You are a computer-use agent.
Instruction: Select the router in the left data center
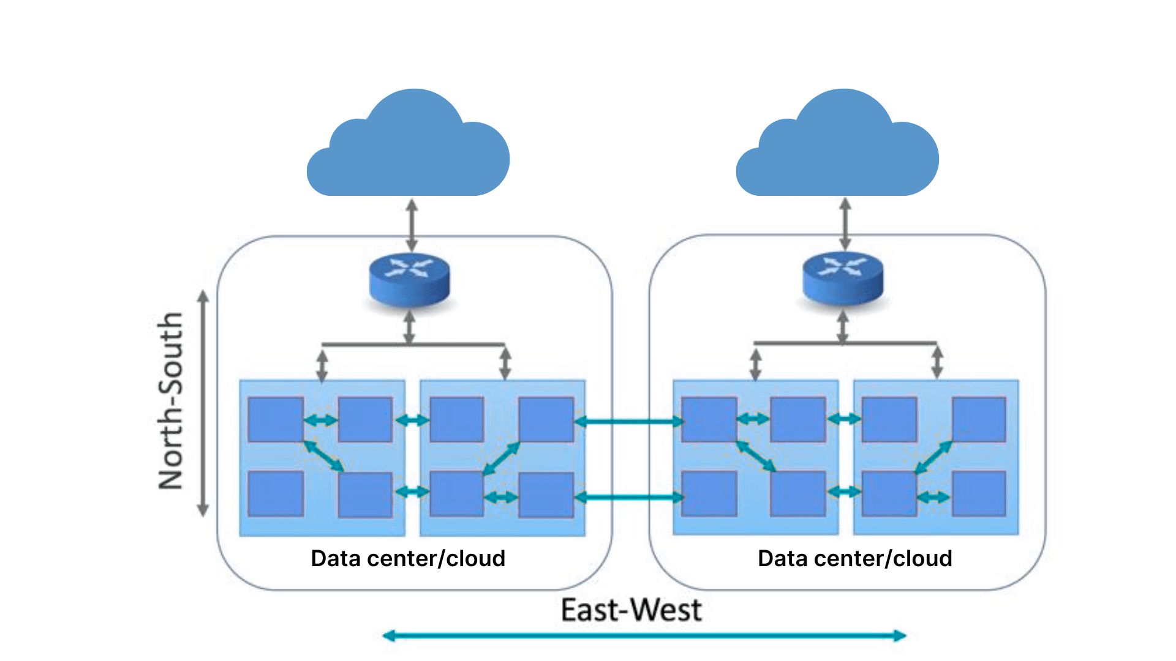point(410,278)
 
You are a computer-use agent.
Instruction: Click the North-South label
point(171,401)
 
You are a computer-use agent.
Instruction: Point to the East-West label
point(631,610)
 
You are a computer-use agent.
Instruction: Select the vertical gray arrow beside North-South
point(203,403)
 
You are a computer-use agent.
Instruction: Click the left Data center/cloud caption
point(408,558)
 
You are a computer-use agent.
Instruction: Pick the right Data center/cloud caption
point(855,558)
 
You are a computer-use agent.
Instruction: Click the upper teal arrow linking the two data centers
point(629,421)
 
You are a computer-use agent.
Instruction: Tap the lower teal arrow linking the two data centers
point(629,497)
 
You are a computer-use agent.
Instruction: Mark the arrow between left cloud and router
point(412,224)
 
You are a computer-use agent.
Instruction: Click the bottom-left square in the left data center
point(276,493)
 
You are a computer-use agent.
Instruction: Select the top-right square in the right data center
point(979,419)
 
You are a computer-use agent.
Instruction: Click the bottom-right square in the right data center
point(979,493)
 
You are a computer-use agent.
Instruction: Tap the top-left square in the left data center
point(276,419)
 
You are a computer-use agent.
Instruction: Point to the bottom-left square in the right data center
point(709,493)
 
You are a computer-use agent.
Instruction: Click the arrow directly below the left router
point(410,327)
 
